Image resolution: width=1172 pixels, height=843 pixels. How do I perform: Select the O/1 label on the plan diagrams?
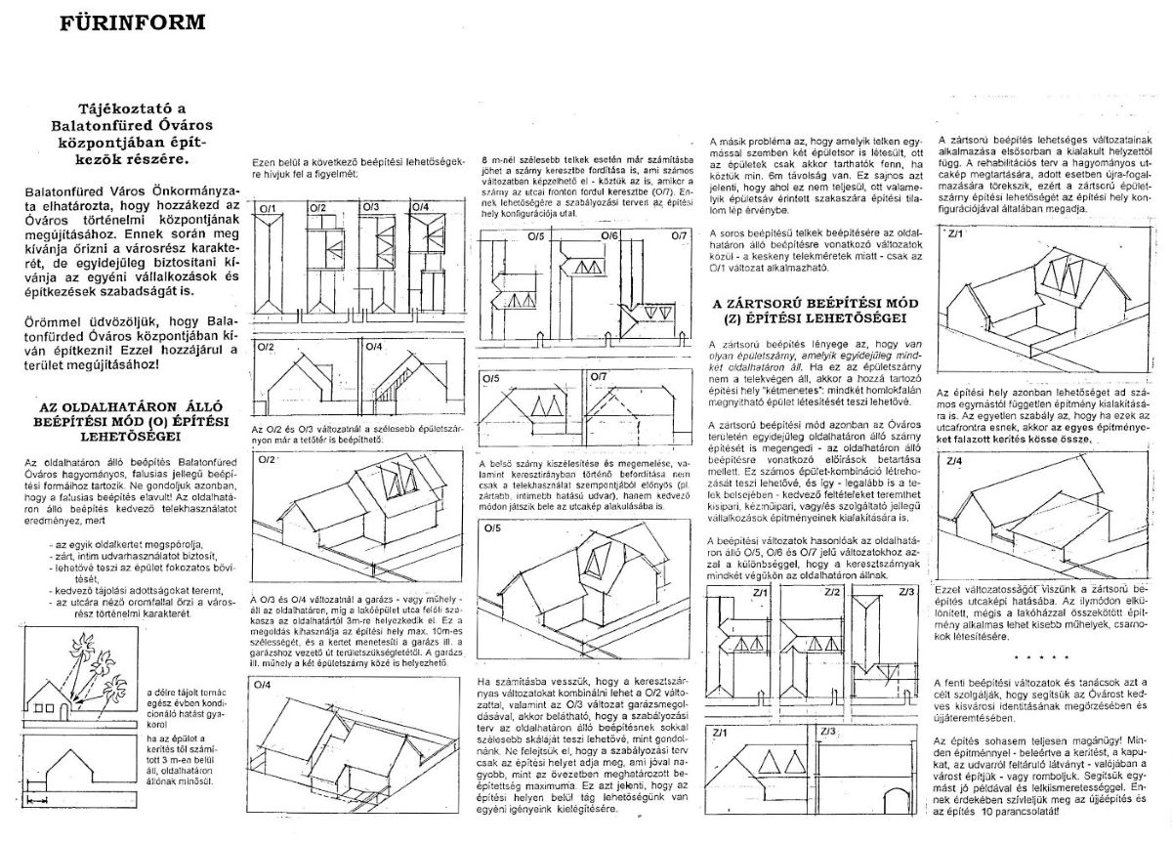265,208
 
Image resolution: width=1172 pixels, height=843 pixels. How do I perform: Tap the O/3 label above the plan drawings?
369,208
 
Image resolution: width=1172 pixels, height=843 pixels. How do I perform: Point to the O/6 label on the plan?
609,236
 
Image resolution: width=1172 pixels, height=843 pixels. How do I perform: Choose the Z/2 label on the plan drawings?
832,593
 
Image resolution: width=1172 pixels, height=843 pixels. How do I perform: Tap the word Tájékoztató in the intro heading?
118,110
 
